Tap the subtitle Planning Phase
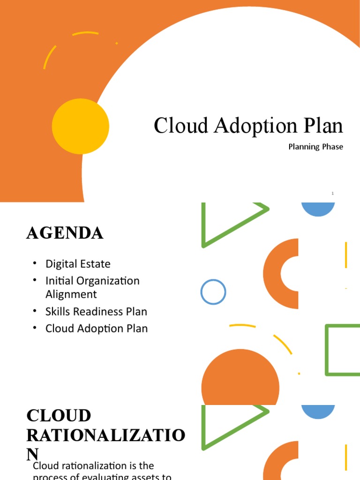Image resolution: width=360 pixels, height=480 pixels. pos(315,147)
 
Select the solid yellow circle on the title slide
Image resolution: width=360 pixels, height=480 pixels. pos(81,127)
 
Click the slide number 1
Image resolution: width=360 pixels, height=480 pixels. pos(332,193)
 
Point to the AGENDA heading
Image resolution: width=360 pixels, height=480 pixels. pos(65,233)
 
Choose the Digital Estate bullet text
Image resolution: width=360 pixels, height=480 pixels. pos(78,263)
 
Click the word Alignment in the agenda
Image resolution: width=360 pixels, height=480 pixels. pos(71,294)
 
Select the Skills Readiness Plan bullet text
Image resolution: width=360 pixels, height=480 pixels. pos(96,311)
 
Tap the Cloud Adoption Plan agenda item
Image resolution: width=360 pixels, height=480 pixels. pos(96,329)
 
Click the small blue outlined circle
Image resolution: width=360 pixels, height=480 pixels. pos(213,292)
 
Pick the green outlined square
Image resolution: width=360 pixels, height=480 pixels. pos(343,350)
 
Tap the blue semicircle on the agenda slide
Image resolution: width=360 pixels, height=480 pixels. pos(318,209)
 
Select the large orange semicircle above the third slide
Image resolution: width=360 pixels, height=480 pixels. pos(240,382)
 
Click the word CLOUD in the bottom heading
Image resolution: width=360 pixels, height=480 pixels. pos(59,416)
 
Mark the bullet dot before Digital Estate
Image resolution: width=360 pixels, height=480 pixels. pos(35,263)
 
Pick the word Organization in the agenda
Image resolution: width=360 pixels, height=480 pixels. pos(106,281)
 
